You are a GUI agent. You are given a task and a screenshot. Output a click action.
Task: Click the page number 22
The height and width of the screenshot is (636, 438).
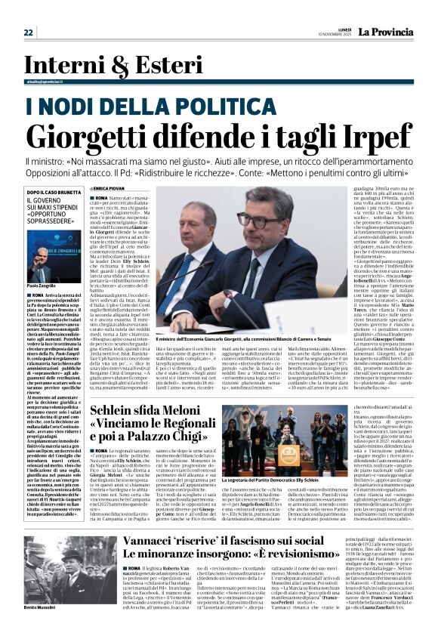pos(28,32)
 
